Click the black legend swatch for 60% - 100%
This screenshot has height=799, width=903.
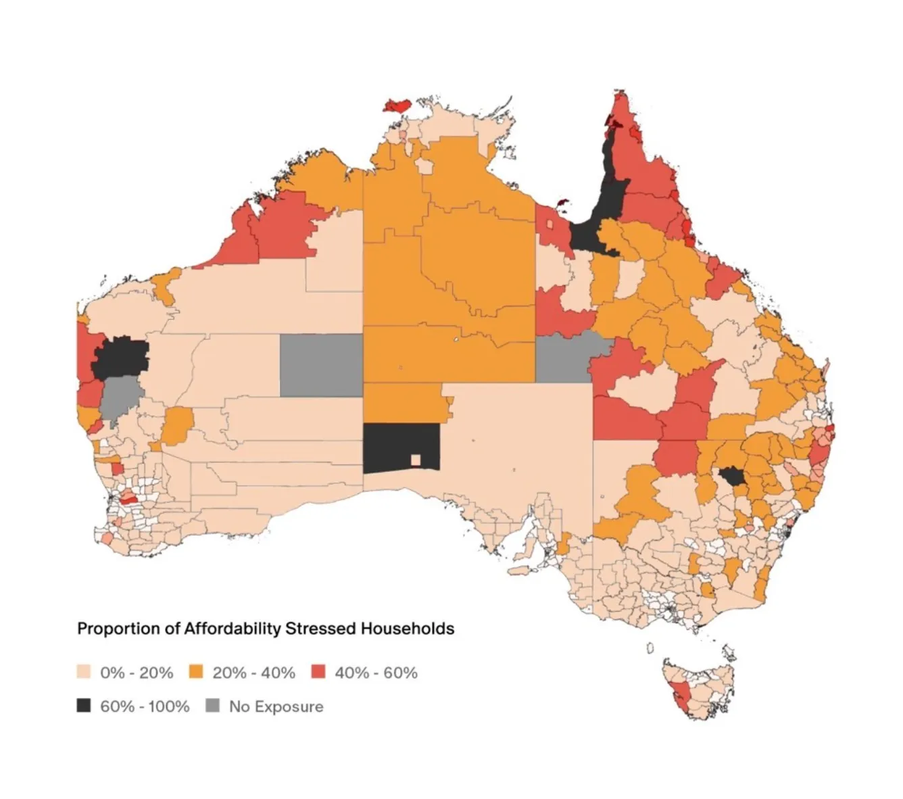[x=84, y=706]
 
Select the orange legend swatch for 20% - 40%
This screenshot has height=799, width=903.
[x=196, y=672]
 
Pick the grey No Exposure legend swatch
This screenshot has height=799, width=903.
[x=213, y=706]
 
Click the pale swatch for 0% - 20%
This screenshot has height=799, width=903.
[x=84, y=672]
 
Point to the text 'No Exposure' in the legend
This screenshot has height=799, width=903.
[x=276, y=706]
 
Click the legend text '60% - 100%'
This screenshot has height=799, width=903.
[x=145, y=706]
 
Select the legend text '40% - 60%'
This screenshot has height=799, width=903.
[x=376, y=673]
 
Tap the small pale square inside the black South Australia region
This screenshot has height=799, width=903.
[x=416, y=460]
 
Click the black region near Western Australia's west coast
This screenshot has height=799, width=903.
[x=120, y=358]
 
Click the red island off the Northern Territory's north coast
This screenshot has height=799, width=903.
[x=397, y=105]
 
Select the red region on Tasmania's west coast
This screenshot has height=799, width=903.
[x=681, y=696]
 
